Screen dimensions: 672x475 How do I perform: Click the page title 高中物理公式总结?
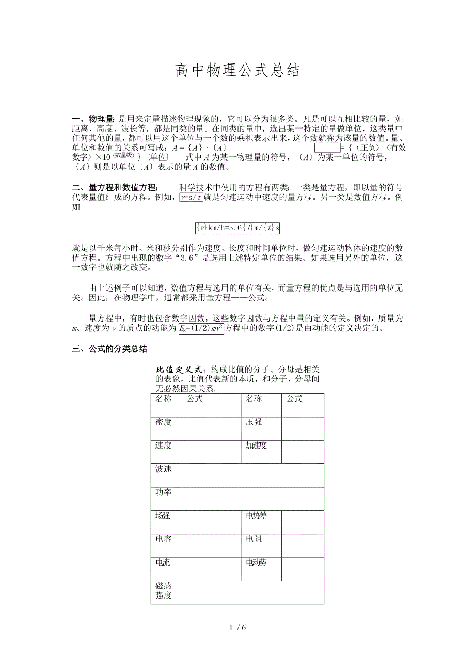tap(237, 71)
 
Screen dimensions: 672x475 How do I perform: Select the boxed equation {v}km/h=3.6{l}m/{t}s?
tap(237, 228)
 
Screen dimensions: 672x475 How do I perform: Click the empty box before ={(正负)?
tap(327, 148)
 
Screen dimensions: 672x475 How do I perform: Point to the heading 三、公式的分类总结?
tap(110, 349)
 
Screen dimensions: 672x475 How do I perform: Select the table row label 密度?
tap(164, 422)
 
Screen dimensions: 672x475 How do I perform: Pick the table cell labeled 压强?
tap(254, 422)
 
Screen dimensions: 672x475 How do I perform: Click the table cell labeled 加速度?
tap(256, 445)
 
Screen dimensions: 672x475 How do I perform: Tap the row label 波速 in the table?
tap(164, 469)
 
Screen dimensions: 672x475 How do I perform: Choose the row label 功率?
tap(164, 492)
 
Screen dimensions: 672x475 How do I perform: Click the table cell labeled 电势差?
tap(256, 516)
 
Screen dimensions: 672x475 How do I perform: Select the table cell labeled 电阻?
tap(254, 539)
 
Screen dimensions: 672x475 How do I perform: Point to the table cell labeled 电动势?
tap(256, 563)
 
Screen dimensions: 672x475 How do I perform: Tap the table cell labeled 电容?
tap(164, 539)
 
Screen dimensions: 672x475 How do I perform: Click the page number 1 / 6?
tap(237, 628)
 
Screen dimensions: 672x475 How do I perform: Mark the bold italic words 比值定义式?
tap(179, 370)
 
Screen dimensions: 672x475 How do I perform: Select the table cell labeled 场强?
tap(164, 516)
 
